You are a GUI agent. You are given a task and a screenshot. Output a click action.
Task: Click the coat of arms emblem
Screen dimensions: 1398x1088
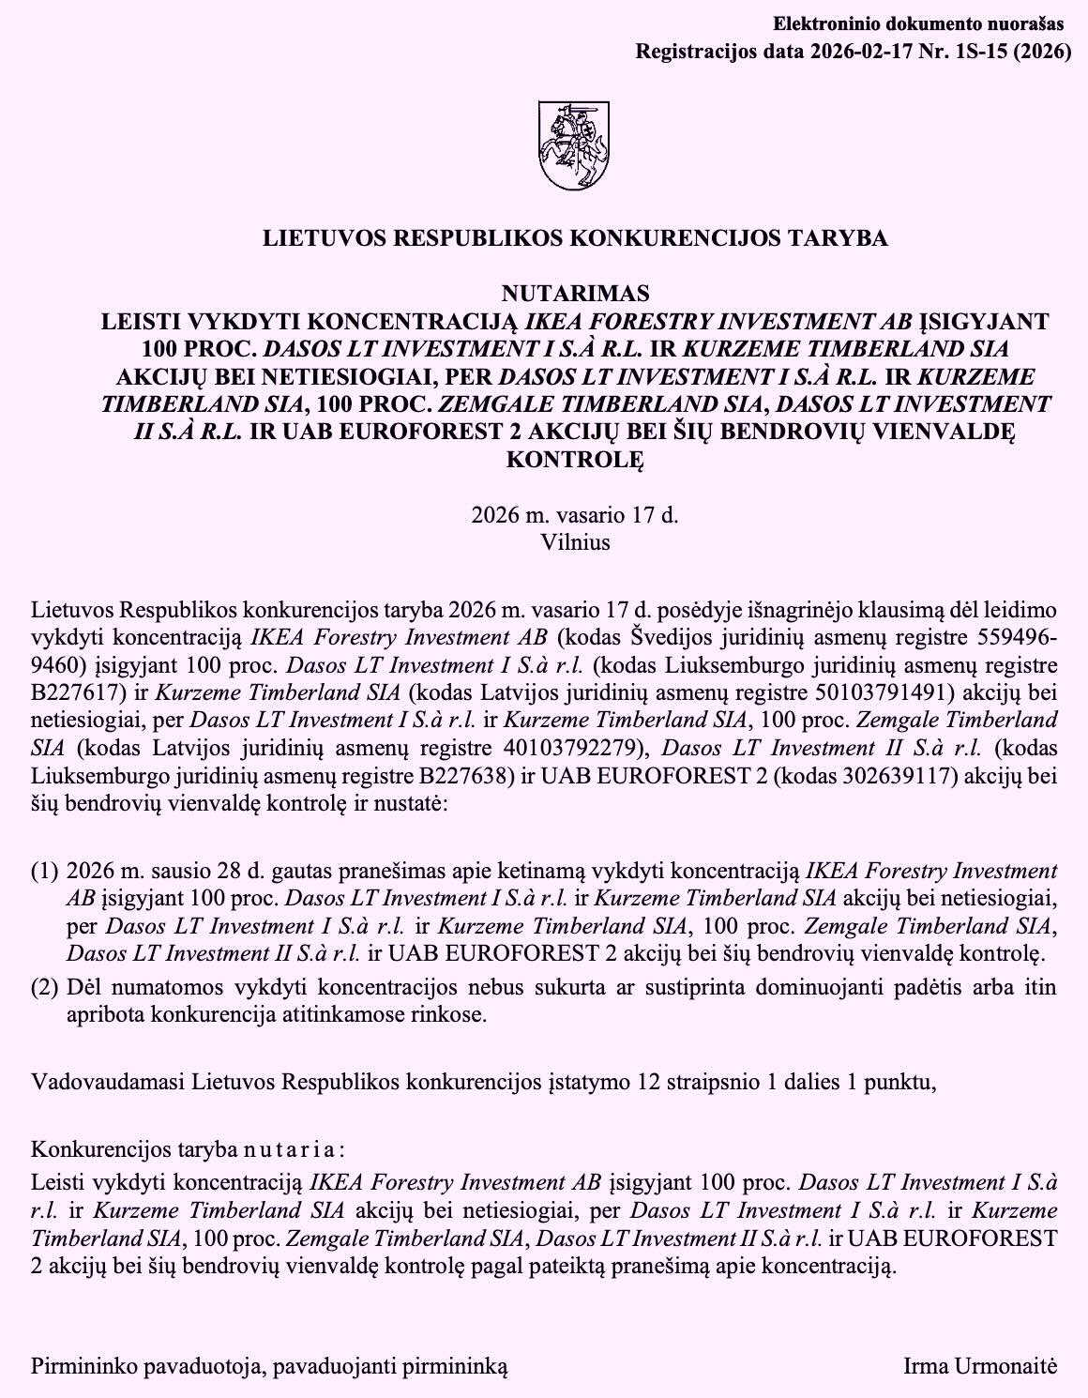pos(574,145)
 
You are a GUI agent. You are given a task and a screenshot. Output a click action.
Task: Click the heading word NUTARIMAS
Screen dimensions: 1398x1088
pos(575,294)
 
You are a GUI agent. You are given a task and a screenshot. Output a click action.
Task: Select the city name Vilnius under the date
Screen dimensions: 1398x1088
pos(575,541)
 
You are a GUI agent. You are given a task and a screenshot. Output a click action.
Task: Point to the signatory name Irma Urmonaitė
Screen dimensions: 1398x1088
pos(980,1365)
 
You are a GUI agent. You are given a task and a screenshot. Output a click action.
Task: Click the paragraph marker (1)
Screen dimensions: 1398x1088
pos(44,872)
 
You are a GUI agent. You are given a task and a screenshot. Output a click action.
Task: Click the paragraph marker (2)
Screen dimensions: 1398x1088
pos(44,987)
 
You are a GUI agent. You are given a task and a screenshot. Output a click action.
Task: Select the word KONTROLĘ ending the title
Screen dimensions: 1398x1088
pos(575,460)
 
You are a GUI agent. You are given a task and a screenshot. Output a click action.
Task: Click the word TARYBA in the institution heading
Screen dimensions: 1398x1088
pos(840,238)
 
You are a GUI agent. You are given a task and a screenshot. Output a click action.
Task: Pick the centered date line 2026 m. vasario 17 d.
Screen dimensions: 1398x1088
pos(575,514)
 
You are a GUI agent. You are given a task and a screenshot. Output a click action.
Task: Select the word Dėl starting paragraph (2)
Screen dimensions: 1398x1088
pos(85,987)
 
